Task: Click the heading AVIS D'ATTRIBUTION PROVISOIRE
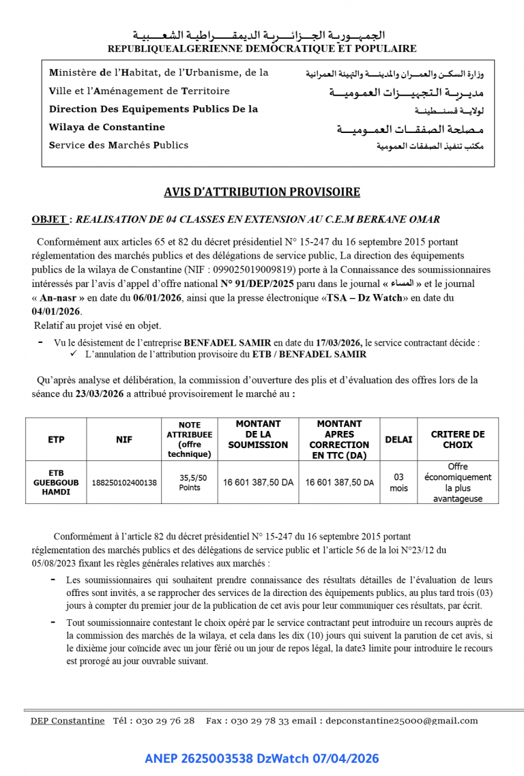261,192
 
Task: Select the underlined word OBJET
49,220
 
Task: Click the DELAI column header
398,440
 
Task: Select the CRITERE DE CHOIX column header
458,440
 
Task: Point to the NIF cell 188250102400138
124,483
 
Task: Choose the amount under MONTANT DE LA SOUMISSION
258,483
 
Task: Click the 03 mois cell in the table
398,483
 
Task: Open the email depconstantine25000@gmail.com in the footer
402,721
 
